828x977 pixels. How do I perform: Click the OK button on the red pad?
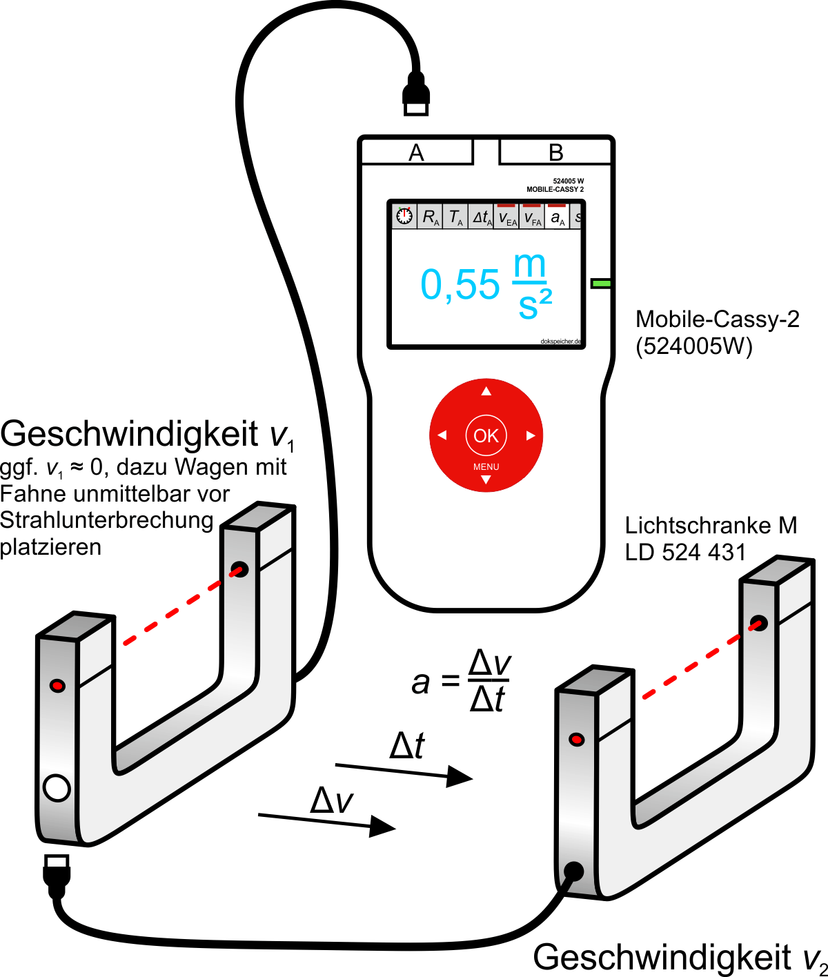[486, 435]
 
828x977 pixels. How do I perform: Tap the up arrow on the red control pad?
[486, 391]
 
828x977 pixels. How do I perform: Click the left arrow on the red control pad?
[442, 435]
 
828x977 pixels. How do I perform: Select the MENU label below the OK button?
[486, 467]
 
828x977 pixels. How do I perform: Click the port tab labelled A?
[417, 152]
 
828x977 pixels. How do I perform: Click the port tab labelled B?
[556, 152]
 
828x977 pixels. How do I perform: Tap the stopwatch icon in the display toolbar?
[404, 217]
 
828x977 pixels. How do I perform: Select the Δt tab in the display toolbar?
[482, 218]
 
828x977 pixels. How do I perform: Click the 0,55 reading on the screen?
[460, 284]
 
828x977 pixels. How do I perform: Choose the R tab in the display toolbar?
[431, 218]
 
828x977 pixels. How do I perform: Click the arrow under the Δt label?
[404, 772]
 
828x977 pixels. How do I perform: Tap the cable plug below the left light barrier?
[57, 873]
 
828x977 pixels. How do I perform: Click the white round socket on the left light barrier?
[57, 787]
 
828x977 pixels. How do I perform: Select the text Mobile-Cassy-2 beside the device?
[717, 319]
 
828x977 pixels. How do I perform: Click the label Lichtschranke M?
[711, 526]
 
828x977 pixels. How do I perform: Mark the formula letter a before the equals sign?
[420, 683]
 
